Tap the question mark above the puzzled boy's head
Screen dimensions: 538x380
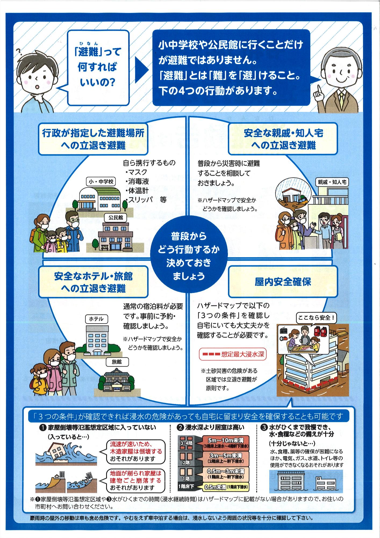point(19,51)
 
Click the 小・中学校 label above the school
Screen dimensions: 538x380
point(101,182)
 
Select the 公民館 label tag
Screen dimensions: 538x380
point(116,217)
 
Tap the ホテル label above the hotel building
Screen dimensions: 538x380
point(96,319)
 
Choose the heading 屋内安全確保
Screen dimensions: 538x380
point(283,282)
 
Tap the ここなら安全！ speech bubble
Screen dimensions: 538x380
point(316,318)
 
